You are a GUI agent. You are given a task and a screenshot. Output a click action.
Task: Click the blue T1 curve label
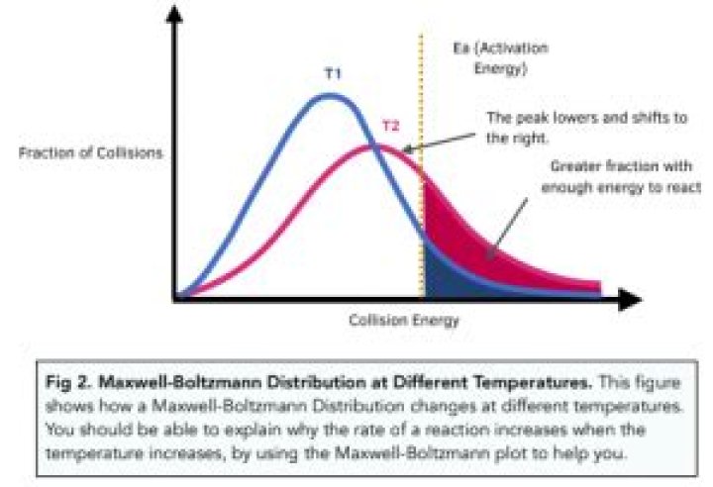(332, 74)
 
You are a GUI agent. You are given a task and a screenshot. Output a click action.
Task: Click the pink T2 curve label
(391, 127)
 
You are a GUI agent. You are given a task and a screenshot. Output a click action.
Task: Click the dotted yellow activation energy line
(423, 109)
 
